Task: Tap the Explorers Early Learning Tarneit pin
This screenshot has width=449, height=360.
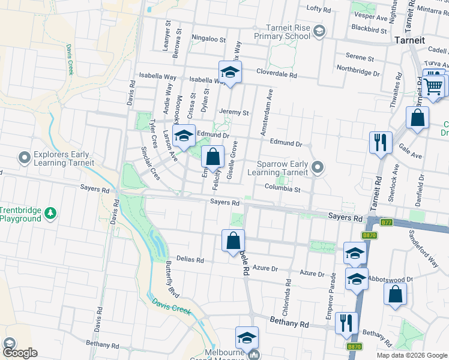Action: point(24,158)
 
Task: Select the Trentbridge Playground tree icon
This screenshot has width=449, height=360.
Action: point(51,213)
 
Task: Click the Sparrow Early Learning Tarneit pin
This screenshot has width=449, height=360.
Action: point(318,167)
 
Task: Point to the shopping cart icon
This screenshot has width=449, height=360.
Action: point(433,85)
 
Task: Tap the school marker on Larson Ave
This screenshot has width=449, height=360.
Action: point(184,136)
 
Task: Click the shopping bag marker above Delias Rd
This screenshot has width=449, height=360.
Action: point(234,241)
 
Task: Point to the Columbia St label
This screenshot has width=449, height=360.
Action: point(282,188)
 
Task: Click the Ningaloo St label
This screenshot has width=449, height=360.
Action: point(208,38)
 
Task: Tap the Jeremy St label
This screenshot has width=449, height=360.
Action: point(234,112)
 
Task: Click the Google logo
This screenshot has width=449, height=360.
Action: point(20,353)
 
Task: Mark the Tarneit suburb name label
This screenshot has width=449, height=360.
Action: point(409,40)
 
